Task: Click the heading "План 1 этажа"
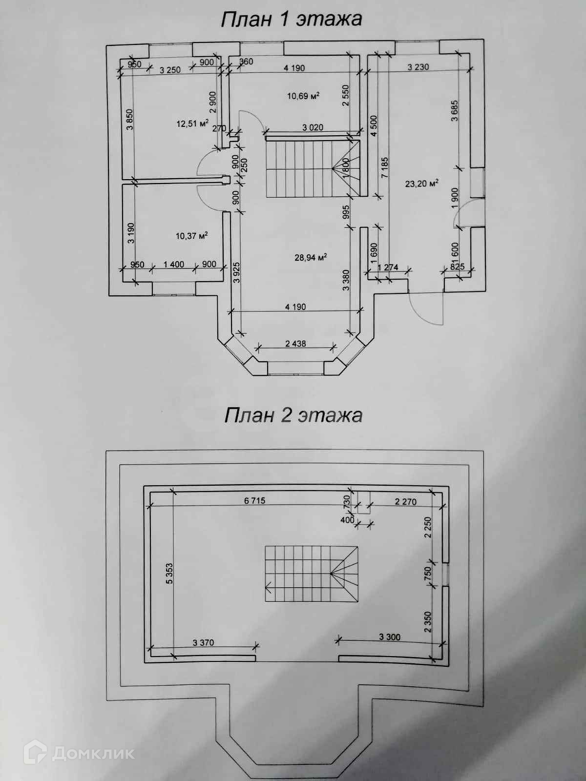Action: (x=292, y=19)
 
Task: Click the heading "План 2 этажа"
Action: (x=293, y=415)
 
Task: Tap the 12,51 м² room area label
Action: (x=192, y=123)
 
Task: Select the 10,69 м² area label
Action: (x=303, y=96)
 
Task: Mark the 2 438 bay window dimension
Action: (x=295, y=344)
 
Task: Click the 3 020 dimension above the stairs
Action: (x=313, y=128)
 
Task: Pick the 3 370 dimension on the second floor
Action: (x=203, y=643)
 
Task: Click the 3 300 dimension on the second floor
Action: (x=390, y=637)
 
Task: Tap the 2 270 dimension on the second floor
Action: (x=405, y=501)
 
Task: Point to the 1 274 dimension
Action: (x=388, y=267)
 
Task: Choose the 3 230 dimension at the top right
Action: (x=418, y=67)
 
